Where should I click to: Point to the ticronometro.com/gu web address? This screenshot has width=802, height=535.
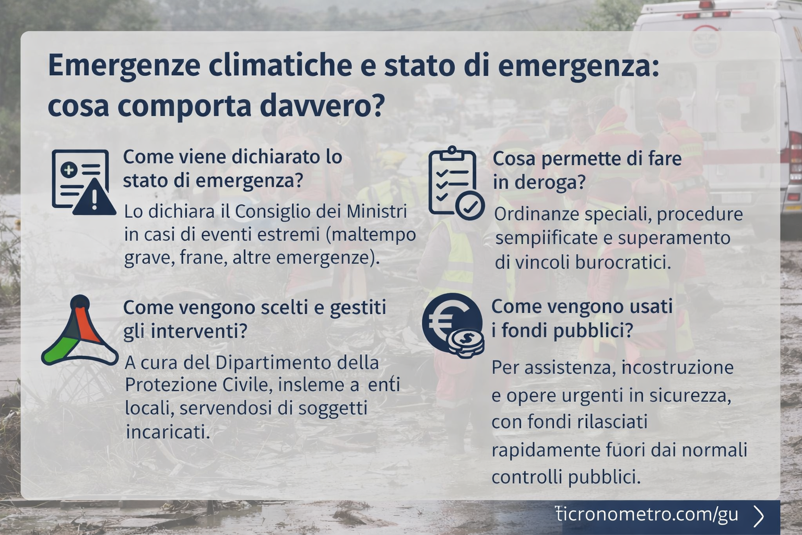(x=647, y=515)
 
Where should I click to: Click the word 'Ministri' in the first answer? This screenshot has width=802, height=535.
(x=376, y=212)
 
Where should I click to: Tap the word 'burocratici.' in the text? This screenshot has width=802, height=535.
(x=623, y=262)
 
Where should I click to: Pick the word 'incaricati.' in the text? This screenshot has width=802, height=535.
(x=168, y=432)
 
